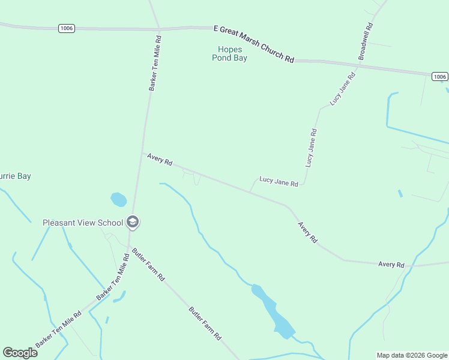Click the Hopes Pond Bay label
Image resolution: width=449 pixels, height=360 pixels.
[229, 53]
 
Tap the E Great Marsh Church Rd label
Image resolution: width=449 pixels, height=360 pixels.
[254, 44]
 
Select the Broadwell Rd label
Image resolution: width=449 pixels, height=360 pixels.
[366, 41]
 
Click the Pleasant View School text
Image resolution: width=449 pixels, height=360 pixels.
[82, 223]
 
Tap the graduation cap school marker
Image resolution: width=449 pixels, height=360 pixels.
[133, 223]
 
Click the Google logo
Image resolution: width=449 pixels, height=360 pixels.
[20, 352]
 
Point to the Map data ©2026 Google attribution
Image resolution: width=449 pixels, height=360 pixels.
[412, 355]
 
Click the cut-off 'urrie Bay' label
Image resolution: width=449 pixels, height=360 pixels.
[16, 176]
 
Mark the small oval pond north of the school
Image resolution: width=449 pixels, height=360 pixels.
[118, 199]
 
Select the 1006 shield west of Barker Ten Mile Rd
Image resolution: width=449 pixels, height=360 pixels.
[67, 28]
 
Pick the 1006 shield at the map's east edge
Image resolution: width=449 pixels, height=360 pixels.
[439, 76]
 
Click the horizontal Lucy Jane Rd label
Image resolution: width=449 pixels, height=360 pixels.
[279, 181]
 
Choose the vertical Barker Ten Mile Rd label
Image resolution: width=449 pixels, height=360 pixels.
[155, 62]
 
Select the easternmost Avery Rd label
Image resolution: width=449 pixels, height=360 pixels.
[391, 264]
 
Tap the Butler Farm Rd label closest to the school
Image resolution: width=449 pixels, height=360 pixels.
[148, 265]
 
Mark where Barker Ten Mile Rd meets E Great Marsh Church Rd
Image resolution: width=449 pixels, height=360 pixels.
[159, 28]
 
